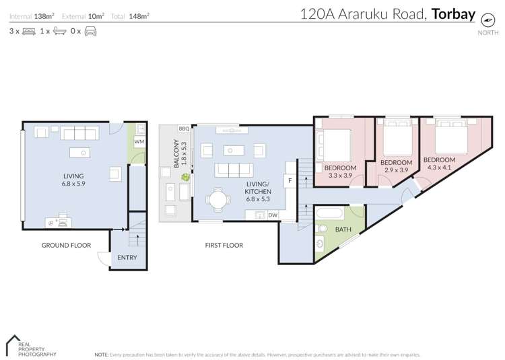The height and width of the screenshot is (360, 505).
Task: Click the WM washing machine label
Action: point(139,142)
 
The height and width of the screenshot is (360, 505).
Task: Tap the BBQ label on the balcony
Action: point(183,129)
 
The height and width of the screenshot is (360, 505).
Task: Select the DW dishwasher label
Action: point(273,215)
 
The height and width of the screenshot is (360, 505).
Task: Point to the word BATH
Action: point(343,229)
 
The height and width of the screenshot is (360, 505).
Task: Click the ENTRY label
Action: point(127,257)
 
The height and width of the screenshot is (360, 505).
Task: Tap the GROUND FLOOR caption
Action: point(66,246)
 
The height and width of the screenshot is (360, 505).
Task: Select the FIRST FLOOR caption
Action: point(224,246)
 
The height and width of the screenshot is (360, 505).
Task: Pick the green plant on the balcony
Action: point(184,177)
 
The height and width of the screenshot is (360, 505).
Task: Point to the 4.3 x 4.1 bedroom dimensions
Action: point(439,168)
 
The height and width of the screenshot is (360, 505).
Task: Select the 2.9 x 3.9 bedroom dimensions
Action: point(396,171)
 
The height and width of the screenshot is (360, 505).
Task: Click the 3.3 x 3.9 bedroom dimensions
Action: point(340,176)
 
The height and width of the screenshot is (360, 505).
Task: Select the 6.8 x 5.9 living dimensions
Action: point(73,183)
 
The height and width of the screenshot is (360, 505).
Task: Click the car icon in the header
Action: point(90,31)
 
